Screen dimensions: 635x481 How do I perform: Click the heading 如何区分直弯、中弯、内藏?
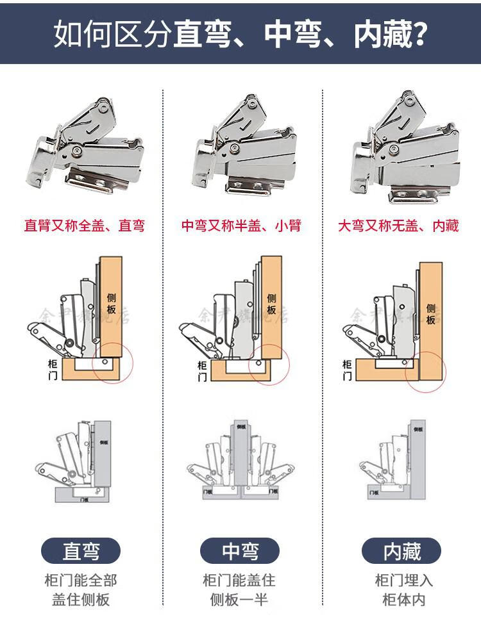click(240, 33)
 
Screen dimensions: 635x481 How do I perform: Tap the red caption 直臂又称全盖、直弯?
click(84, 226)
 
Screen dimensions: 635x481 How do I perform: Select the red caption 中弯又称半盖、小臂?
click(240, 226)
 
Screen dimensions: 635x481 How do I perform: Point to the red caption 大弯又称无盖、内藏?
click(398, 226)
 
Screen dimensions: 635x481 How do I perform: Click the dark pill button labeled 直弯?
click(81, 550)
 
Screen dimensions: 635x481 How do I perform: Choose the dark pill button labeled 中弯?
click(240, 550)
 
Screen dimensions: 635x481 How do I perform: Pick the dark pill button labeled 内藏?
click(401, 550)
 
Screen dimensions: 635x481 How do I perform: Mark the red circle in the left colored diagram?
click(113, 361)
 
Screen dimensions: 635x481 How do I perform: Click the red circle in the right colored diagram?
click(423, 370)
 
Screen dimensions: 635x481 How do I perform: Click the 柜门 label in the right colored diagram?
click(347, 370)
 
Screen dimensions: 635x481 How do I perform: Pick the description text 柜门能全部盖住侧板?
click(81, 590)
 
